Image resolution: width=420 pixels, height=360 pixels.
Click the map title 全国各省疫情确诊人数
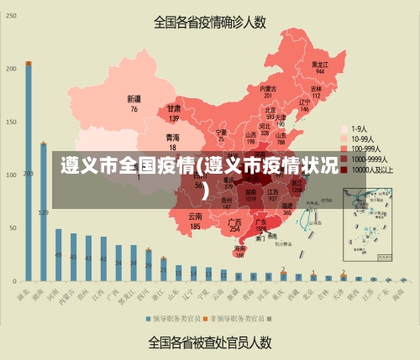(210, 23)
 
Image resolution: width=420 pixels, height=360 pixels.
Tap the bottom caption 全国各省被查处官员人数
(210, 342)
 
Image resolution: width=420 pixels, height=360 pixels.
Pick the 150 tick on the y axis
(10, 123)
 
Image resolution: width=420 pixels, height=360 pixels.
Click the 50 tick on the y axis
(10, 227)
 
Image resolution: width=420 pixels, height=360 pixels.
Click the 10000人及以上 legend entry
(369, 170)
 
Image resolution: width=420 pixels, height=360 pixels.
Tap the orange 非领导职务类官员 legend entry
(238, 319)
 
